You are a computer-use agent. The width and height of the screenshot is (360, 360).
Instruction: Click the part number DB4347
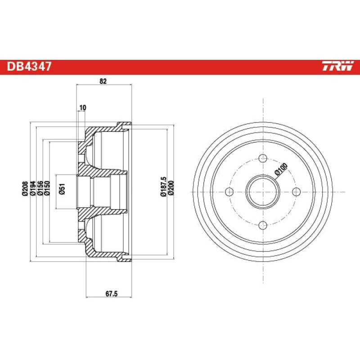point(29,67)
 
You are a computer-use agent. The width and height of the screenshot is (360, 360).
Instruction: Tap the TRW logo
point(337,67)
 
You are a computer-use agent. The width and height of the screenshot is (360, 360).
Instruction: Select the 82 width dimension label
point(103,81)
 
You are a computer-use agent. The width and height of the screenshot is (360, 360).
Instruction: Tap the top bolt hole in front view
point(263,159)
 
